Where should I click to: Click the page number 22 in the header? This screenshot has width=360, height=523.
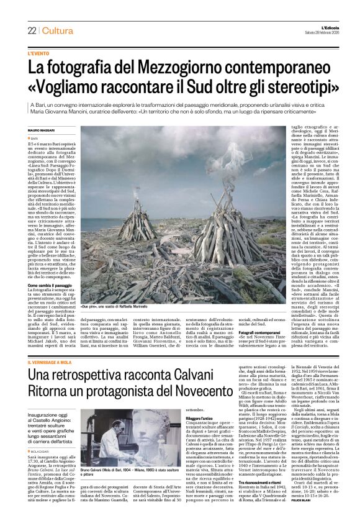[31, 30]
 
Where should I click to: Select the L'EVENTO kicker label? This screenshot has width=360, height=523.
[39, 54]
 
